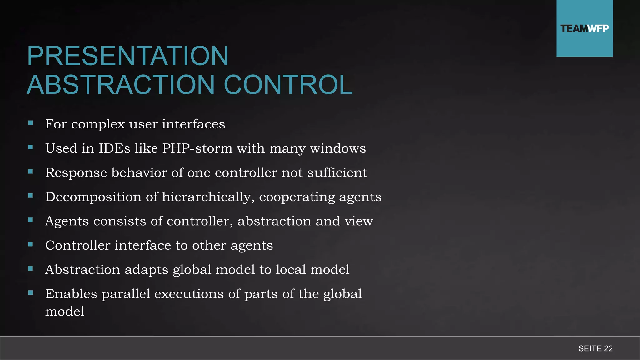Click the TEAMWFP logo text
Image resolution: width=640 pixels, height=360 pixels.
[x=584, y=29]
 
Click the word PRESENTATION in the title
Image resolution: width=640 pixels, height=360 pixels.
[x=128, y=56]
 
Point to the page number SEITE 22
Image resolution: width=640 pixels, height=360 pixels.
[x=595, y=348]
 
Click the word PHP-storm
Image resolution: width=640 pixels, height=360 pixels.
[x=197, y=148]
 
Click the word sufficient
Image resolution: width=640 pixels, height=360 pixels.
[x=337, y=172]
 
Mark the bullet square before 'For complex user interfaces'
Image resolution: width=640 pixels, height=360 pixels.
[x=31, y=123]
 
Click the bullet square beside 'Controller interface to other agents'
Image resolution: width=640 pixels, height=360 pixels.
[x=31, y=244]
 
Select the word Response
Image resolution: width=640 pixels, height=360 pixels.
[x=76, y=173]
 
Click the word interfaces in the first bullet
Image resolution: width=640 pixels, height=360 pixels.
[x=193, y=124]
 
